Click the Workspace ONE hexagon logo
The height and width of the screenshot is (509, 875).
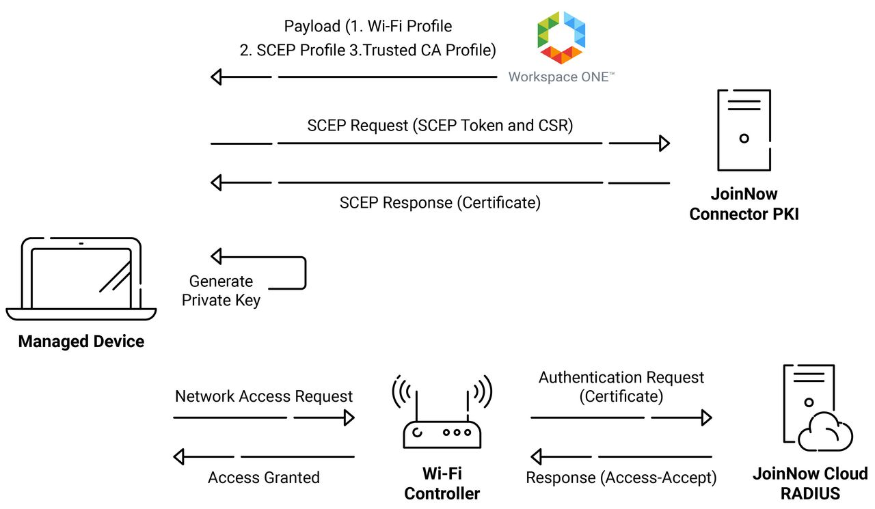click(x=561, y=37)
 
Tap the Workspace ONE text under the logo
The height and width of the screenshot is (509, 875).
click(x=561, y=77)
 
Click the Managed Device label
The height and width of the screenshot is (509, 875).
click(x=81, y=341)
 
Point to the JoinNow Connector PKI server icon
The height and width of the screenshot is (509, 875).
click(x=744, y=130)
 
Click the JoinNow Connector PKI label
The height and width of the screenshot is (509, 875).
click(x=744, y=204)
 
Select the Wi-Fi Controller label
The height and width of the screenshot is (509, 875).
click(x=442, y=483)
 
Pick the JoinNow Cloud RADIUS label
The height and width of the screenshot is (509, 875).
click(x=810, y=483)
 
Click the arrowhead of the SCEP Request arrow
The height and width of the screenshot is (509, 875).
click(x=664, y=143)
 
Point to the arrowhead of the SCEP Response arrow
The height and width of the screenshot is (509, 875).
click(x=217, y=182)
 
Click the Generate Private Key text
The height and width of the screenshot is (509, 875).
click(x=221, y=290)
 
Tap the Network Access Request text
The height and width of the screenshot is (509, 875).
click(x=264, y=396)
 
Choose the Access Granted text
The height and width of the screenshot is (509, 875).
click(x=264, y=478)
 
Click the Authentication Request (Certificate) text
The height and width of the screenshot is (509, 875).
click(x=621, y=386)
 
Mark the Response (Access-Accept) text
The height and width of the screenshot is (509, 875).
click(x=621, y=478)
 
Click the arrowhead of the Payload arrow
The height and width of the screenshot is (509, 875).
click(x=217, y=77)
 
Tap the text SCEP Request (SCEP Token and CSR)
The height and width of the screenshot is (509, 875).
click(x=440, y=126)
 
